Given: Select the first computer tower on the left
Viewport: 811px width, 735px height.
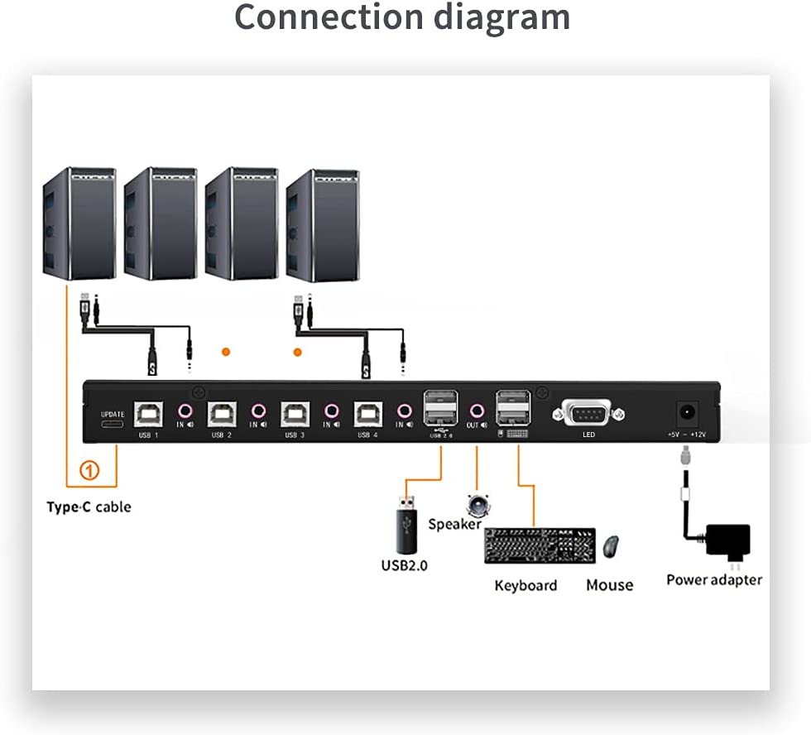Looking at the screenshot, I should [x=79, y=223].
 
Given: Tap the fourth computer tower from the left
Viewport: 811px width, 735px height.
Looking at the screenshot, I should [x=323, y=225].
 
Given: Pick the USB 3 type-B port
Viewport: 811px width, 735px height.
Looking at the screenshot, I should [x=295, y=411].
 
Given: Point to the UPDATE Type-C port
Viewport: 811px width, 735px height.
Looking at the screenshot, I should [x=112, y=425].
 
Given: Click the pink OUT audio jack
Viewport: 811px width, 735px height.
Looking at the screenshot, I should [x=477, y=410].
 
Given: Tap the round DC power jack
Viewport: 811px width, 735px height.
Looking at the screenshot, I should [x=688, y=411].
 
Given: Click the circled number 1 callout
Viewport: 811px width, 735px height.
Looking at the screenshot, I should [x=89, y=471].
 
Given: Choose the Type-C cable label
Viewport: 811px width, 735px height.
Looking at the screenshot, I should [x=89, y=507].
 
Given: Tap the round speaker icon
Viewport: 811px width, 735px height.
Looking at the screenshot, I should [x=477, y=505].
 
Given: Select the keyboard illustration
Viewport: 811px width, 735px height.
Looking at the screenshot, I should [x=540, y=545].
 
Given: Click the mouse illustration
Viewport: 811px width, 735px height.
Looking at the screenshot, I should [x=611, y=546].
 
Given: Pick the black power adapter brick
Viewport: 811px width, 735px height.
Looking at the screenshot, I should [x=727, y=542].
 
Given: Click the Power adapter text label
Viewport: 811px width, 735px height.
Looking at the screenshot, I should [x=714, y=579].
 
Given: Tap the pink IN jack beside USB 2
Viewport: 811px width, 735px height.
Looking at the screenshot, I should [x=259, y=410].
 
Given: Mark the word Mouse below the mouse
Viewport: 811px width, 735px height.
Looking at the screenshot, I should [x=609, y=585].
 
